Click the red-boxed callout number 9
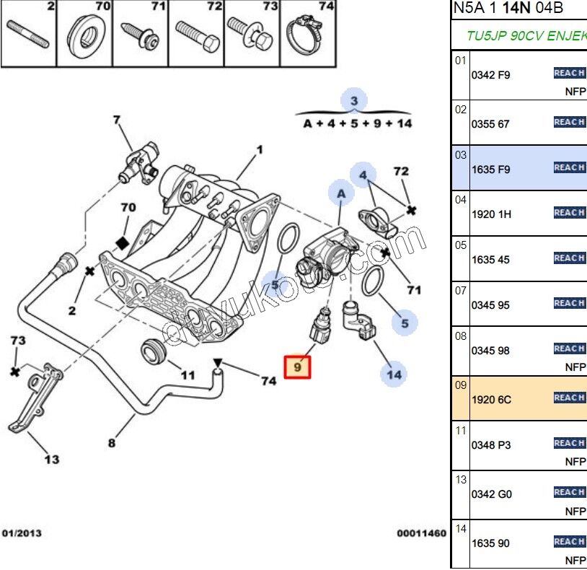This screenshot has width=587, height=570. point(297,368)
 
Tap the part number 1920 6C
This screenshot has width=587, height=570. point(491,399)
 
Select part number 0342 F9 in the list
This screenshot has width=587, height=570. point(490,75)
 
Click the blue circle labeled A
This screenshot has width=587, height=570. point(341,193)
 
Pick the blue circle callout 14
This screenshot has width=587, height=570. point(394,374)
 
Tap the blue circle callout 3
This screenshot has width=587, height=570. point(354,101)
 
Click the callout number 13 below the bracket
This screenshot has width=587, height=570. point(52,459)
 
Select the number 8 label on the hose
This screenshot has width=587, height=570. point(111,443)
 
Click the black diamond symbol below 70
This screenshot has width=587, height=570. point(123,242)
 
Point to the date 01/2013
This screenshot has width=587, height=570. point(22,533)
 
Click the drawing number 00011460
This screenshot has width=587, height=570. point(421,533)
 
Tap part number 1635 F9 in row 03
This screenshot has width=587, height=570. point(490,170)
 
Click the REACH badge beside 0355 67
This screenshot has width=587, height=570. point(569,122)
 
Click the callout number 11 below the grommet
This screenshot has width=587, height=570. point(187,375)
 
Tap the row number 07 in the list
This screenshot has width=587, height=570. point(461,290)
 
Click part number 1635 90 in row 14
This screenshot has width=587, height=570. point(490,543)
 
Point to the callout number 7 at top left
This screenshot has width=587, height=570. point(117,120)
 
